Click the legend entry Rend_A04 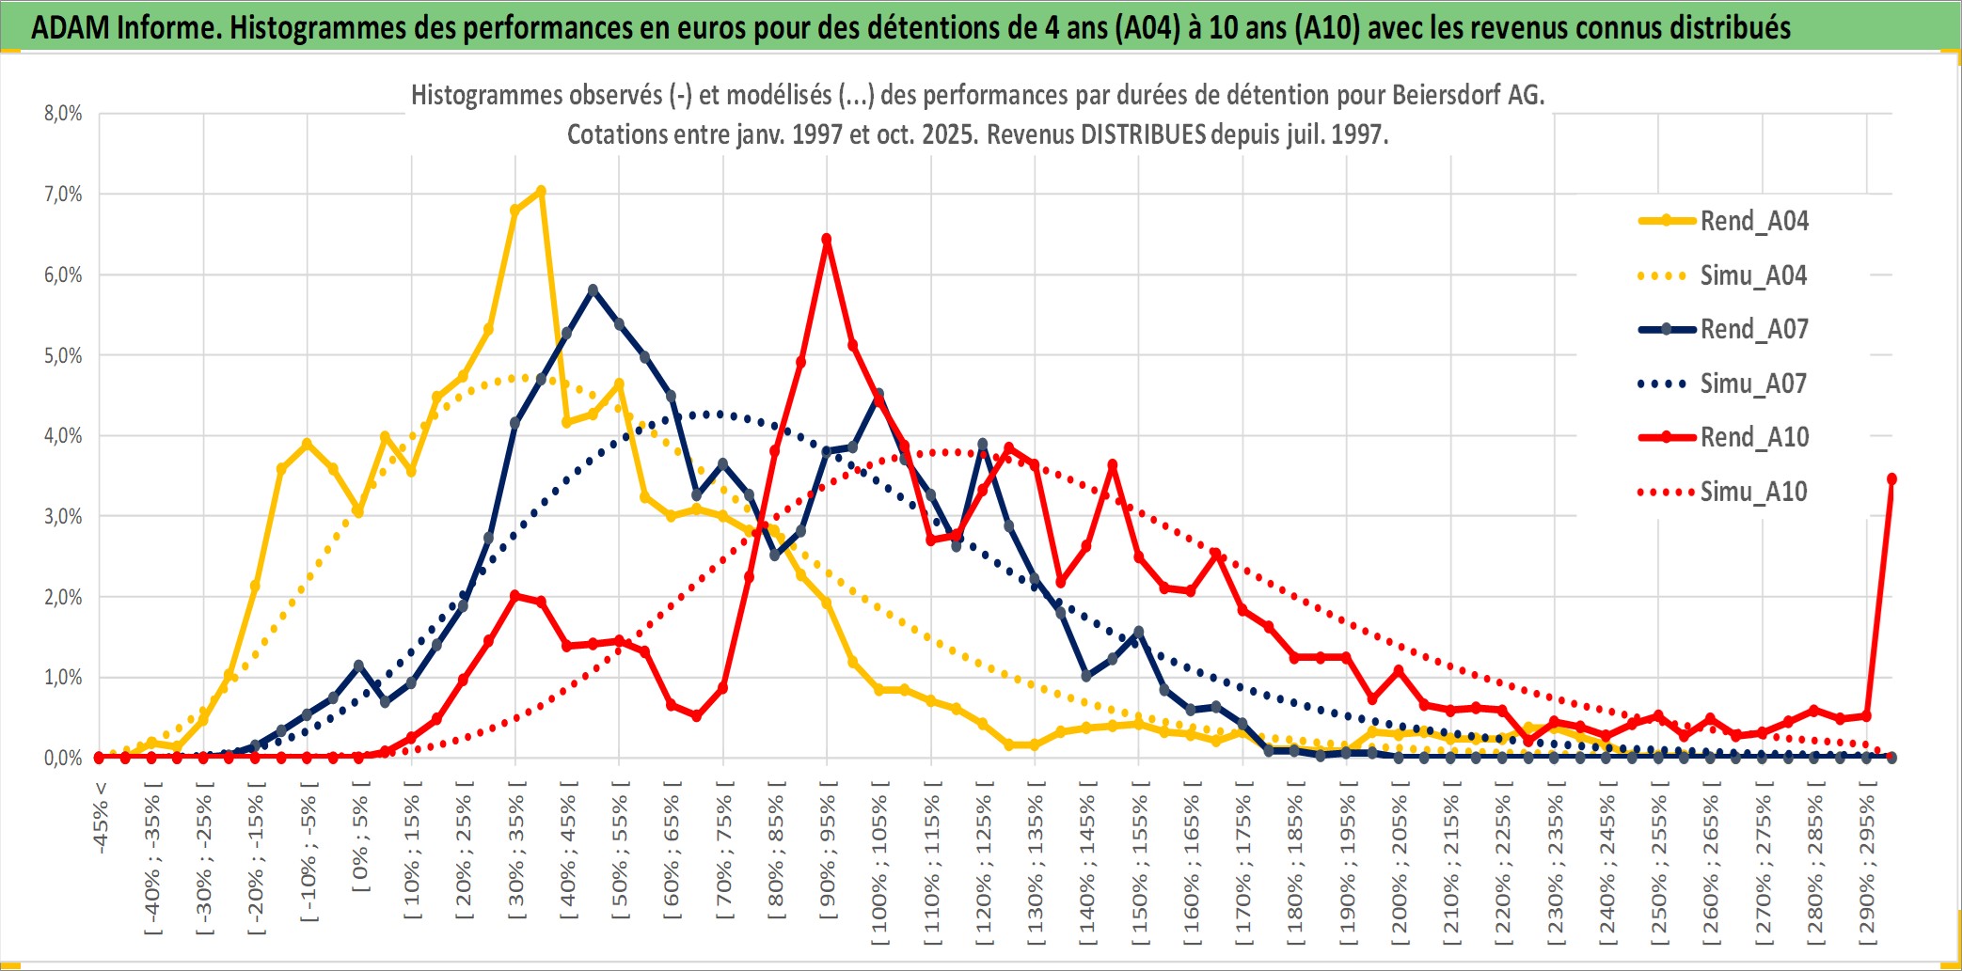(1753, 221)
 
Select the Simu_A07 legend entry (1753, 384)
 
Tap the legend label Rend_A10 (1754, 437)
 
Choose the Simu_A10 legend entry (1753, 492)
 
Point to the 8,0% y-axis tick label (63, 114)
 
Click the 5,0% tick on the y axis (63, 355)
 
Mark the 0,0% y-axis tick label (63, 758)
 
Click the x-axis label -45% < (100, 818)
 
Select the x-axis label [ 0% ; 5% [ (360, 843)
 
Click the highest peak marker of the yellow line (541, 191)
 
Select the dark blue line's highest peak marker (593, 290)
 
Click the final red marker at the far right (1891, 479)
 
